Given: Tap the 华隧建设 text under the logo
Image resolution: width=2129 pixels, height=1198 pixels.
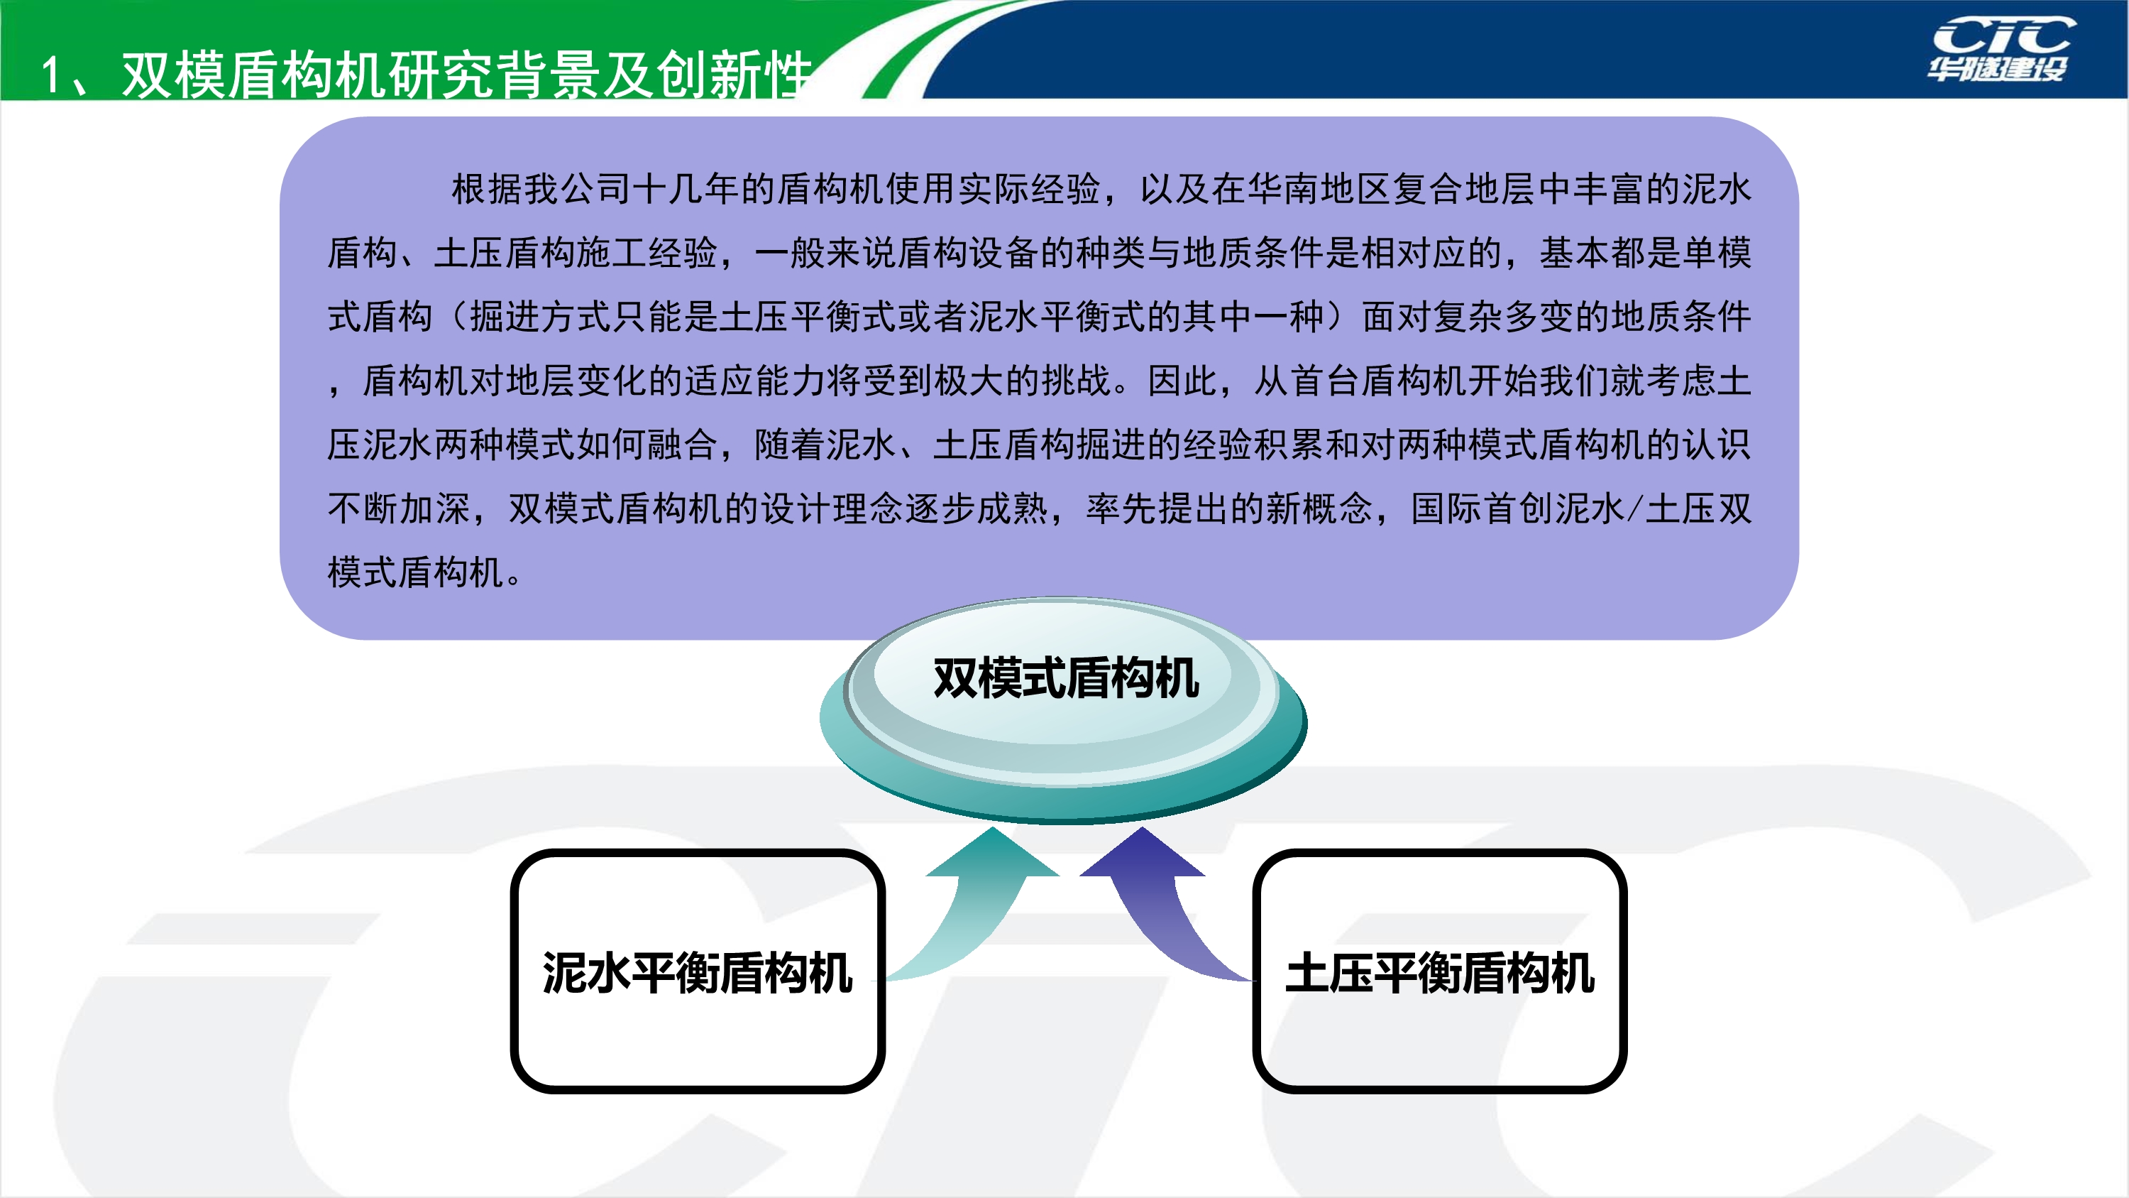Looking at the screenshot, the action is point(1997,70).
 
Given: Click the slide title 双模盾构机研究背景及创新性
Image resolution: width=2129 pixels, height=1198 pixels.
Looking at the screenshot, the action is point(467,75).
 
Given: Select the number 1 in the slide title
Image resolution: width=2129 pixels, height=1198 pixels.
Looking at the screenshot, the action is point(50,76).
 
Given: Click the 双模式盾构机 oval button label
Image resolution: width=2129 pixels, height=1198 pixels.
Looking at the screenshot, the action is point(1065,678).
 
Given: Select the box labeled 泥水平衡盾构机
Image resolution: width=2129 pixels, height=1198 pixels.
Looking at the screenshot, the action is point(698,971).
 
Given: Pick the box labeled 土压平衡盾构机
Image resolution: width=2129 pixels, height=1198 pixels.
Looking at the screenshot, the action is point(1439,971).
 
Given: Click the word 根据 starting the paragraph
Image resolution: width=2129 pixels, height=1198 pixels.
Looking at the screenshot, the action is point(487,190).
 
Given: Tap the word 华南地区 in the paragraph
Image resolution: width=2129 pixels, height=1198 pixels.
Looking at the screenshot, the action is point(1319,190).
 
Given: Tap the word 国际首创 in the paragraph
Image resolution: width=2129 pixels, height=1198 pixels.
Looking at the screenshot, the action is point(1480,508).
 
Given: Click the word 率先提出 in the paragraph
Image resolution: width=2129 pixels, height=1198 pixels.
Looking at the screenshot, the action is point(1157,508).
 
